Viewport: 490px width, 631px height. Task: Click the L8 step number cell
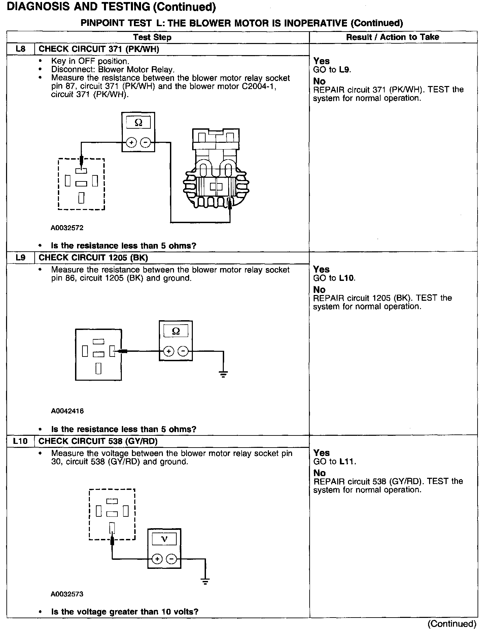21,49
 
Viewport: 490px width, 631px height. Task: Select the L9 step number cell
21,258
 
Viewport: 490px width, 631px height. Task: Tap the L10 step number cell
21,441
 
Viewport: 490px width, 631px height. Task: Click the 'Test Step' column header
152,37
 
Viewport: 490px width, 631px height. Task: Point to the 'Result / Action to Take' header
392,37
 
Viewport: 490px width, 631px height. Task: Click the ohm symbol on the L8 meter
138,123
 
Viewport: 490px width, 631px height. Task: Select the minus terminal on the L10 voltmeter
171,559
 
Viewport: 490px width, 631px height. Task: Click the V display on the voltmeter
164,539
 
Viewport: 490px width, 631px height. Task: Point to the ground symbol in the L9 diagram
223,374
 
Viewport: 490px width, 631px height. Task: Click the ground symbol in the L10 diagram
205,581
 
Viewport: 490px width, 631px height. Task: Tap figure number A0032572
67,228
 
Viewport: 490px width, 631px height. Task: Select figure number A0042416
67,411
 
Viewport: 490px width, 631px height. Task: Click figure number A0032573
67,594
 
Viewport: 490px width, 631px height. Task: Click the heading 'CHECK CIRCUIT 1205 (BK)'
93,258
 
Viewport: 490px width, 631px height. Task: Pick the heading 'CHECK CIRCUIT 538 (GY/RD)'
98,441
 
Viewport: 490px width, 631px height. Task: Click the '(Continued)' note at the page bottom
452,624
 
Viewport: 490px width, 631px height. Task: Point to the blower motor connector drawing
216,168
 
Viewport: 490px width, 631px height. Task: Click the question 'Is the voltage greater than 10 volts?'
125,612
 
